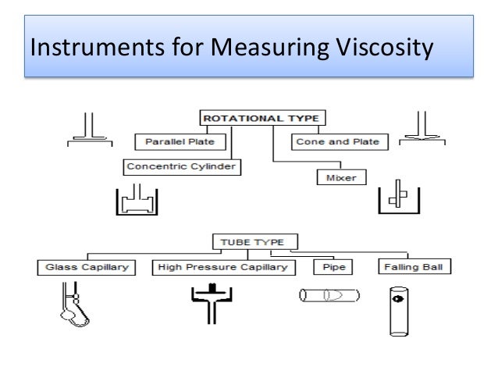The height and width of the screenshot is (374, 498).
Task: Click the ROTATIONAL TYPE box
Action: [x=261, y=118]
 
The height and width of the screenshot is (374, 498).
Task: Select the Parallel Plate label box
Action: [x=180, y=142]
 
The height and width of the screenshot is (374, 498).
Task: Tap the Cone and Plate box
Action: [x=336, y=142]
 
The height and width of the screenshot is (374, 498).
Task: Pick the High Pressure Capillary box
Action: [x=222, y=268]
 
